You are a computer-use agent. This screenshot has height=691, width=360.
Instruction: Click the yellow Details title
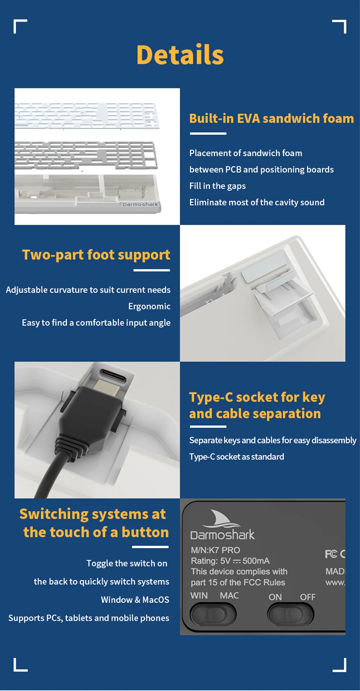click(x=180, y=55)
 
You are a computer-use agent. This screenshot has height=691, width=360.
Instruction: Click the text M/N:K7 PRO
click(x=215, y=550)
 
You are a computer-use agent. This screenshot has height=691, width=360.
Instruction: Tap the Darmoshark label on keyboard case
click(x=140, y=204)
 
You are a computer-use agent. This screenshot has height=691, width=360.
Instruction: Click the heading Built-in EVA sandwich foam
click(x=271, y=118)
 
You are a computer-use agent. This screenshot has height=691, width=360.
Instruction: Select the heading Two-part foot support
click(x=96, y=255)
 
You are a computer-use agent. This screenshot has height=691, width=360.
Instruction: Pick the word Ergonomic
click(x=149, y=306)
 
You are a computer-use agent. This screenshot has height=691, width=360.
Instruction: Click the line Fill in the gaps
click(x=217, y=186)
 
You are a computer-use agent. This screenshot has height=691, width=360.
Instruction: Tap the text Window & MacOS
click(x=135, y=600)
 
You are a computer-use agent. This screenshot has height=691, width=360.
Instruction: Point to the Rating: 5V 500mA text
click(x=230, y=561)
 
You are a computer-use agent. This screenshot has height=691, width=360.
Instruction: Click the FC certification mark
click(x=331, y=554)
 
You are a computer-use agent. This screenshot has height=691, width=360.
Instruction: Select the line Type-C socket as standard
click(x=237, y=457)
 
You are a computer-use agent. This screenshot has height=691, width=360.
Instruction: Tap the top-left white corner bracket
click(x=20, y=26)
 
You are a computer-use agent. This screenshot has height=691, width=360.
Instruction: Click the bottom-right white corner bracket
click(x=340, y=665)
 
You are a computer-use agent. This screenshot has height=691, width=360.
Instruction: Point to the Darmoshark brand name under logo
click(x=222, y=535)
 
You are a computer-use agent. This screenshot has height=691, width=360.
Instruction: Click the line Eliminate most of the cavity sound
click(x=257, y=203)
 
